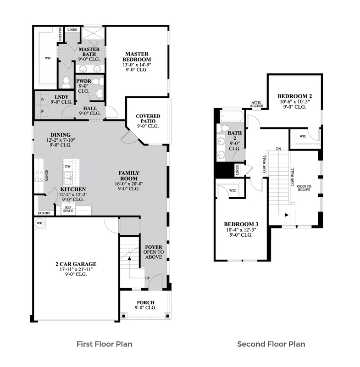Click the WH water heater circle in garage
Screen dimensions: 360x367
(x=39, y=223)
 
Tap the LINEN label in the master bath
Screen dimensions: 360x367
(x=72, y=30)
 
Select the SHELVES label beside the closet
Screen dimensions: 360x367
(x=60, y=35)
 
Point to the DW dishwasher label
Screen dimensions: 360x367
(x=68, y=167)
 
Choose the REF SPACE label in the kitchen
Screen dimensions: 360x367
(x=68, y=209)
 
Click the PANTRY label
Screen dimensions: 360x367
(x=44, y=213)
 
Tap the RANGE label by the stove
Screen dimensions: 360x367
(x=47, y=176)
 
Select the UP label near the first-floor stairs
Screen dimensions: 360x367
(x=147, y=278)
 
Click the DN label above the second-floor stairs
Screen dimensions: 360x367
(x=278, y=149)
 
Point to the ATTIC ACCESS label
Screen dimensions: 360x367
(x=256, y=104)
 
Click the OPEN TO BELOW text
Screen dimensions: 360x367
(x=304, y=188)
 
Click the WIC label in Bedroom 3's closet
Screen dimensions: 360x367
(x=233, y=190)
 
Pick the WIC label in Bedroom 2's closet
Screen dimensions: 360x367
(x=303, y=136)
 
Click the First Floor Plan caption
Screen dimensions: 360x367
(x=105, y=344)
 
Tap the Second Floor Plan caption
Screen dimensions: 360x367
(x=271, y=344)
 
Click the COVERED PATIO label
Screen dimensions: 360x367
(x=148, y=118)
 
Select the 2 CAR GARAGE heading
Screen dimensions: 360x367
(x=76, y=264)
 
